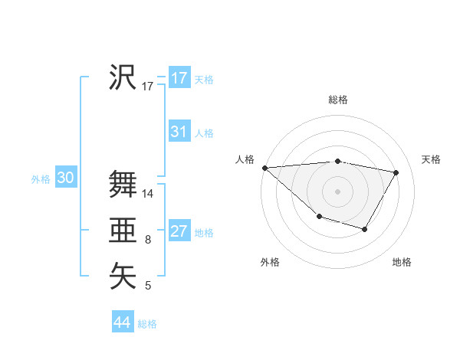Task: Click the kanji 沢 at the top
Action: click(123, 77)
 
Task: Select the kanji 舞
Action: click(123, 184)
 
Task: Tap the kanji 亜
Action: click(123, 231)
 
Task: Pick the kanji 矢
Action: click(123, 277)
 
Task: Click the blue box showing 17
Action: click(179, 78)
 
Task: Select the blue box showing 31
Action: click(179, 132)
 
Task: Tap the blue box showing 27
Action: click(179, 231)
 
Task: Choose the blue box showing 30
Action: click(65, 178)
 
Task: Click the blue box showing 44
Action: click(122, 322)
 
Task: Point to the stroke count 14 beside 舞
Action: click(148, 194)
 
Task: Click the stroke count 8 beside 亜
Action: click(148, 241)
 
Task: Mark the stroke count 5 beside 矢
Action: click(148, 286)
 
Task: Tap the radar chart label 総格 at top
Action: click(338, 100)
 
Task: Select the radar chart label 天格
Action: click(432, 159)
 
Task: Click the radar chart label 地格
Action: click(402, 262)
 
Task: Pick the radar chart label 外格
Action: click(270, 262)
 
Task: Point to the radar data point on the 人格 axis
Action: click(264, 167)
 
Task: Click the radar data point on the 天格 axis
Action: click(396, 172)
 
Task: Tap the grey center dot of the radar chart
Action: click(337, 191)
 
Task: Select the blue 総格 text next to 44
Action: click(147, 324)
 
